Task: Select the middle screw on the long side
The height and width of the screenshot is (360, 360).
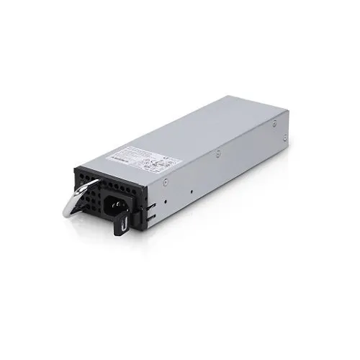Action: (217, 153)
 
